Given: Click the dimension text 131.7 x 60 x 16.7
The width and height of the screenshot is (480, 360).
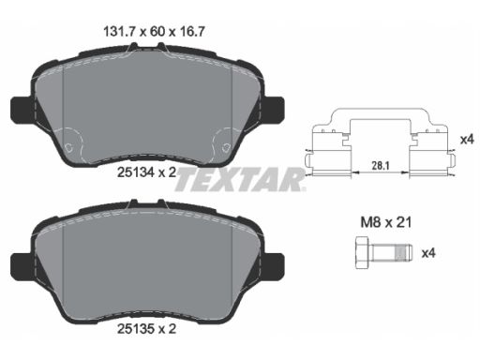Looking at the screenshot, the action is [154, 32].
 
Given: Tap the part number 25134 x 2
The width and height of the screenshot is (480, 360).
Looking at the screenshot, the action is [146, 172].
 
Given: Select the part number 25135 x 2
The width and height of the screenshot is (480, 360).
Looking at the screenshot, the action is [146, 328].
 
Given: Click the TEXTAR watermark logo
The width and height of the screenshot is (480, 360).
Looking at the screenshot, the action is [240, 179].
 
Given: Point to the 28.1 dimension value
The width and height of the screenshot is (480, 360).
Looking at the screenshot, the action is [381, 166].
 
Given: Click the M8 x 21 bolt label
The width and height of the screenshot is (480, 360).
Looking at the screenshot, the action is [386, 222].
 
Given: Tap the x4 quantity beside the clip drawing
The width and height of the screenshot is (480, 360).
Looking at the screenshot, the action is [467, 140].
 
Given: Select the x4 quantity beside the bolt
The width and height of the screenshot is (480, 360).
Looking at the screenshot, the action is [428, 253].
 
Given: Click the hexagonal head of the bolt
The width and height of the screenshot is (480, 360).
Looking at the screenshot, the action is [364, 253].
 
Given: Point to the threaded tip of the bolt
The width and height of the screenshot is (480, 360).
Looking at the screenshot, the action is [404, 253].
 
